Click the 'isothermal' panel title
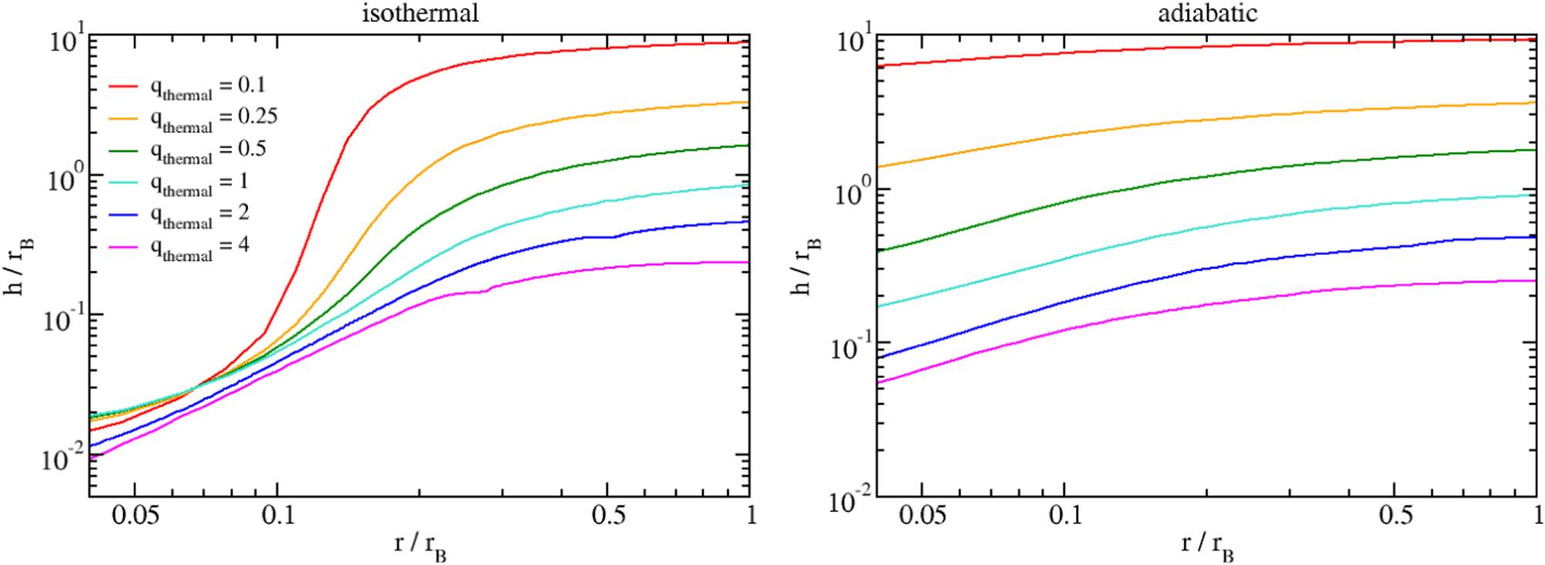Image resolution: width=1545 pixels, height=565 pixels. coord(420,13)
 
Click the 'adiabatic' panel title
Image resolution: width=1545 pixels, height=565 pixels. coord(1207,13)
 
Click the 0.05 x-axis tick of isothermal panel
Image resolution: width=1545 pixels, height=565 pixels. coord(135,515)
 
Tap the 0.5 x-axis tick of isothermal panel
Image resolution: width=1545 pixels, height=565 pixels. coord(608,515)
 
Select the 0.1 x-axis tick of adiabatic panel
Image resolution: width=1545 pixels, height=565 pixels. coord(1065,515)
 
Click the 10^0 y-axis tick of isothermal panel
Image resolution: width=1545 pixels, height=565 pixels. coord(65,179)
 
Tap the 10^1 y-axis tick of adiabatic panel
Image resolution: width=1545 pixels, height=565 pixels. coord(854,39)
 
